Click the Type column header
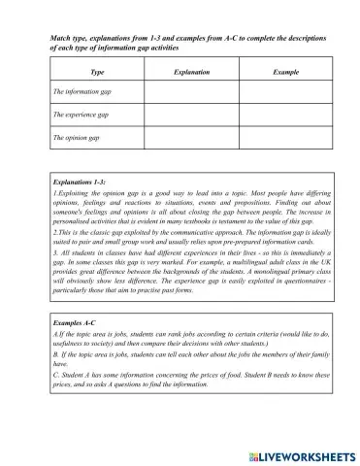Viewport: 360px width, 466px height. click(96, 72)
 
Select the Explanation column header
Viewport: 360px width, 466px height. click(188, 72)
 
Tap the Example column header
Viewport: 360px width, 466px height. click(285, 72)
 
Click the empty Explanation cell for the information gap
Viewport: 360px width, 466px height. click(189, 93)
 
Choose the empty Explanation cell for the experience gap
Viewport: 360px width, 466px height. click(189, 116)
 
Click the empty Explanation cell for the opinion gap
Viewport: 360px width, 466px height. click(189, 138)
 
